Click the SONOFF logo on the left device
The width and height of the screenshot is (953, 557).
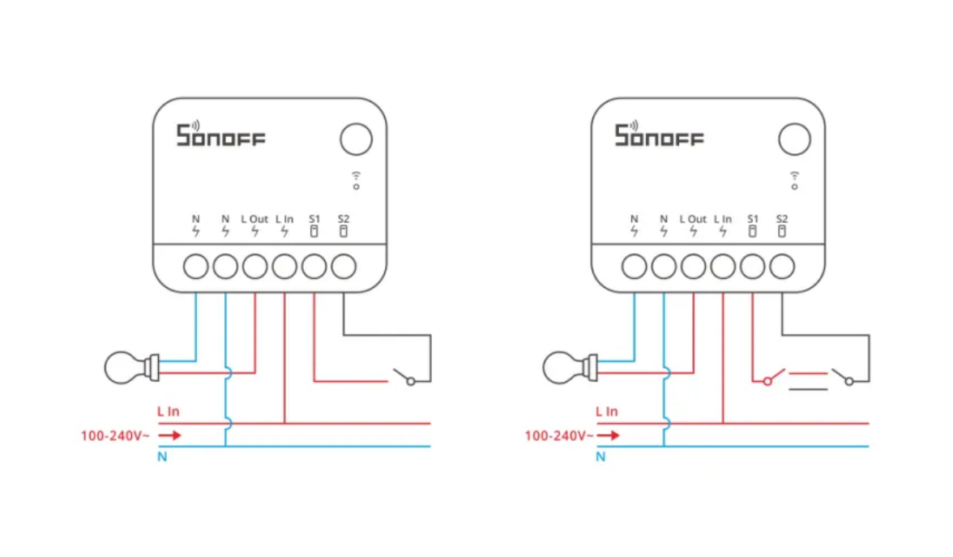tap(220, 135)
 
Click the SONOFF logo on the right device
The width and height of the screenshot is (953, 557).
tap(659, 135)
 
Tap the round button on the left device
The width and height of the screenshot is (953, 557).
tap(356, 139)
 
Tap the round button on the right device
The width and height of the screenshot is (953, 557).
tap(794, 139)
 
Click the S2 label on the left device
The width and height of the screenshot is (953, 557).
tap(344, 219)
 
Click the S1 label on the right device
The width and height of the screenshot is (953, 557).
tap(752, 219)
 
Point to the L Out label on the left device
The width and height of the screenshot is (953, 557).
tap(254, 219)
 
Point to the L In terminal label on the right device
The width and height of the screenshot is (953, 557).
tap(723, 219)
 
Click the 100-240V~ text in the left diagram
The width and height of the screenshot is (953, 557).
tap(115, 435)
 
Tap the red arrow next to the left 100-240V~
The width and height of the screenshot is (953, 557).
tap(169, 435)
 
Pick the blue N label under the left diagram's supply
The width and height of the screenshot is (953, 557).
tap(162, 456)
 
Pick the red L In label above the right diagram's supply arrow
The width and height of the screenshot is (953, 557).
tap(606, 412)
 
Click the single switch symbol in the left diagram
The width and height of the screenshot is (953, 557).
tap(404, 377)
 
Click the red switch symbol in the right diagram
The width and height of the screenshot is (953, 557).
tap(770, 377)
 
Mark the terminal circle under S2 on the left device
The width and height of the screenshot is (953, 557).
tap(344, 267)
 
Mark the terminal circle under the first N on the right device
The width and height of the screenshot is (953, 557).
tap(634, 267)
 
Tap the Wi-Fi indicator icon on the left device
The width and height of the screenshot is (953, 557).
tap(356, 180)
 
